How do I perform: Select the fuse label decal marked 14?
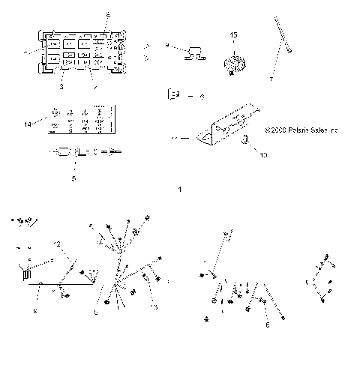[81, 120]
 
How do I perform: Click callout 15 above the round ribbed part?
[233, 35]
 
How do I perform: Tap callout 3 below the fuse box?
[61, 88]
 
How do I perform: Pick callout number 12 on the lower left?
[56, 244]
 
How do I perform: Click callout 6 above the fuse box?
[107, 14]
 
